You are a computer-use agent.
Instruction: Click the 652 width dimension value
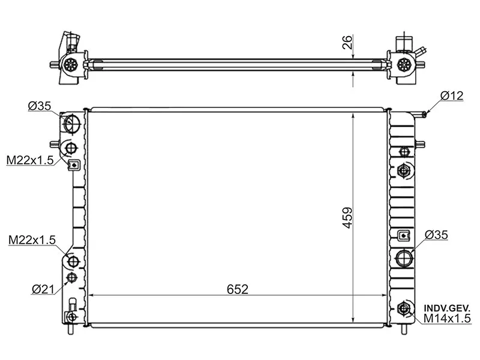(x=238, y=289)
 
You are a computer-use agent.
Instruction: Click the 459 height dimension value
(x=347, y=218)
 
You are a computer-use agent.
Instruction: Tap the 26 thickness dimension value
(x=347, y=42)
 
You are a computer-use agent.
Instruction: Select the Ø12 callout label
(x=452, y=96)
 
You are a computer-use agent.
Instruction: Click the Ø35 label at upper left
(x=40, y=106)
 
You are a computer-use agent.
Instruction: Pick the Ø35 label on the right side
(x=436, y=235)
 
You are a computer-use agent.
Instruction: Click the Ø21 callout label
(x=43, y=289)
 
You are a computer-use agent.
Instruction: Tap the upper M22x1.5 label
(x=30, y=160)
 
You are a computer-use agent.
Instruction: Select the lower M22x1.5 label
(x=32, y=239)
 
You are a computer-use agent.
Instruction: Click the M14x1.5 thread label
(x=447, y=319)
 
